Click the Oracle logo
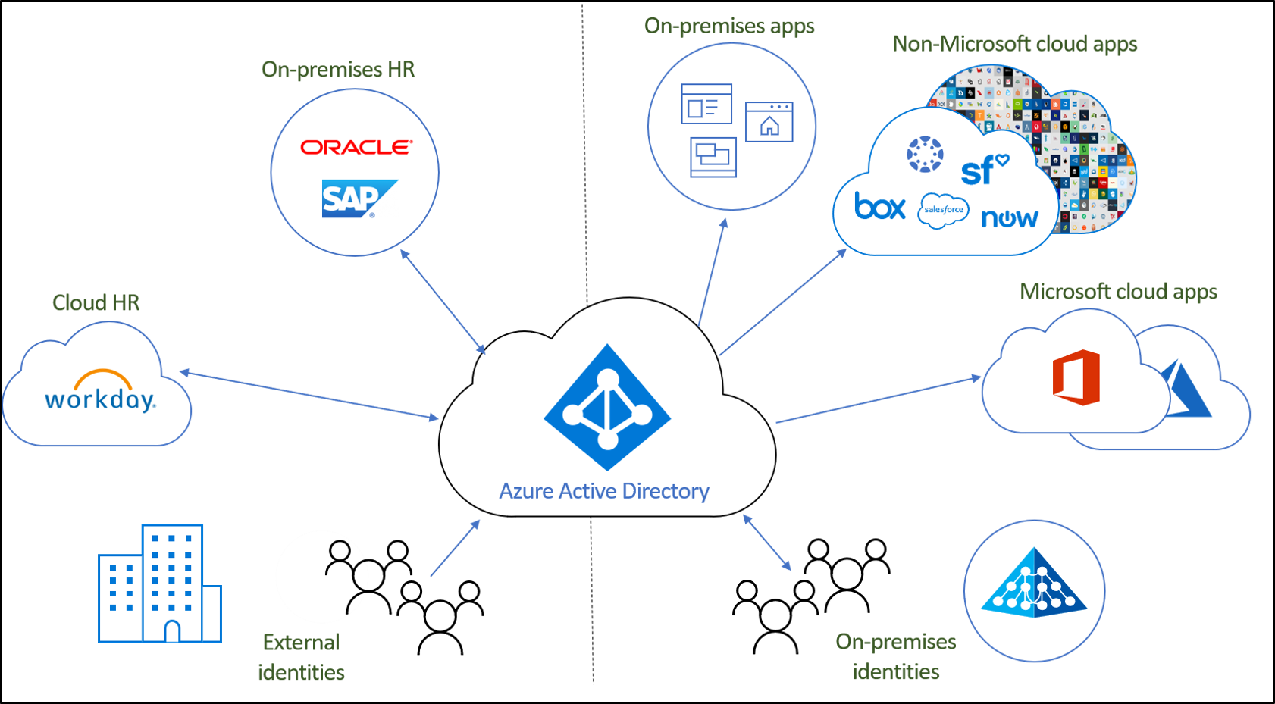pyautogui.click(x=356, y=147)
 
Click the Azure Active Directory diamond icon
pyautogui.click(x=607, y=408)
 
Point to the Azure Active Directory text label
pyautogui.click(x=604, y=491)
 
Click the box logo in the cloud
pyautogui.click(x=879, y=207)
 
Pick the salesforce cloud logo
pyautogui.click(x=943, y=210)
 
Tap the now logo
pyautogui.click(x=1010, y=218)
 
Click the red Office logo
pyautogui.click(x=1076, y=377)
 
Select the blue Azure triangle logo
pyautogui.click(x=1187, y=390)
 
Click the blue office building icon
pyautogui.click(x=160, y=584)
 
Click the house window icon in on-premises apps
pyautogui.click(x=769, y=122)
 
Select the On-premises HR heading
pyautogui.click(x=338, y=70)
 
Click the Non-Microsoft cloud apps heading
pyautogui.click(x=1014, y=44)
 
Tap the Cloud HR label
pyautogui.click(x=96, y=303)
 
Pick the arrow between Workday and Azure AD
pyautogui.click(x=309, y=394)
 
